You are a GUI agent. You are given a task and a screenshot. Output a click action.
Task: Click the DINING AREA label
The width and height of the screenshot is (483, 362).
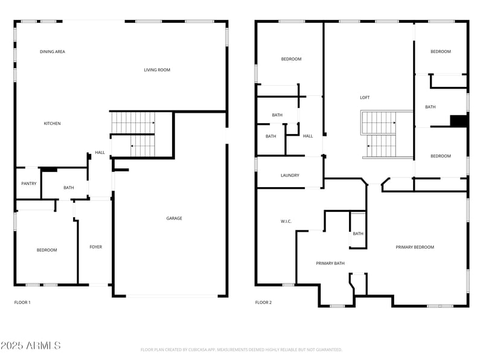[x=53, y=52]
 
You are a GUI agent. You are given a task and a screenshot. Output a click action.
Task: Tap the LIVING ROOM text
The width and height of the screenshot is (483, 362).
[x=157, y=70]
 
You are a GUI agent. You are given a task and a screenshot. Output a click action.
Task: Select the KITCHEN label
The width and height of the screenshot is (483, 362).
[x=52, y=124]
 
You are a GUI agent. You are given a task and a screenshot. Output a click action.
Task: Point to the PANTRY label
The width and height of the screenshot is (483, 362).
[x=29, y=184]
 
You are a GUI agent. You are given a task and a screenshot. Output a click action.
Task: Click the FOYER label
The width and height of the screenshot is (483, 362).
[x=96, y=247]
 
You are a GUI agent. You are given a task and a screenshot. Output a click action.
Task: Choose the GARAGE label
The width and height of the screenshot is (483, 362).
[x=174, y=218]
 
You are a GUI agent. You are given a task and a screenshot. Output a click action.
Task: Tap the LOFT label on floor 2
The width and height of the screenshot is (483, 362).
[x=365, y=98]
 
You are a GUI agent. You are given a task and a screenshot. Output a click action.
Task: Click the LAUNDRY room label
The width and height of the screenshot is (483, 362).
[x=290, y=176]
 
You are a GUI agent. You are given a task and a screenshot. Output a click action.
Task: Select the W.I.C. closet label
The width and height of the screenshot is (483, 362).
[x=286, y=221]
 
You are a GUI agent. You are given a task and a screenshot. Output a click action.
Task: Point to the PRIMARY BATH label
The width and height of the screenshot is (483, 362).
[x=330, y=263]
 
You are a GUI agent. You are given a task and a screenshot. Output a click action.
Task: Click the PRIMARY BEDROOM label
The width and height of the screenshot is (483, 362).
[x=415, y=247]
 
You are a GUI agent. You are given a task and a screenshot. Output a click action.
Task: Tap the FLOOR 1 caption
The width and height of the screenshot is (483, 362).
[x=22, y=302]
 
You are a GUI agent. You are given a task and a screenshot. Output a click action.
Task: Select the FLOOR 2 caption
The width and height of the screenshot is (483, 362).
[x=263, y=302]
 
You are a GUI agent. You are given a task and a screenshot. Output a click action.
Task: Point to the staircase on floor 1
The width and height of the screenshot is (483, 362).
[x=133, y=134]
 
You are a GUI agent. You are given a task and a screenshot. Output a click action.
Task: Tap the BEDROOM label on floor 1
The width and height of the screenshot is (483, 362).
[x=46, y=250]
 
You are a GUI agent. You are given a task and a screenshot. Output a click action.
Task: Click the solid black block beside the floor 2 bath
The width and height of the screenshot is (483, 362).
[x=459, y=121]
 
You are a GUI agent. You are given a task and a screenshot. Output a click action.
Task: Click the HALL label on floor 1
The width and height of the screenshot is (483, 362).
[x=100, y=153]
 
